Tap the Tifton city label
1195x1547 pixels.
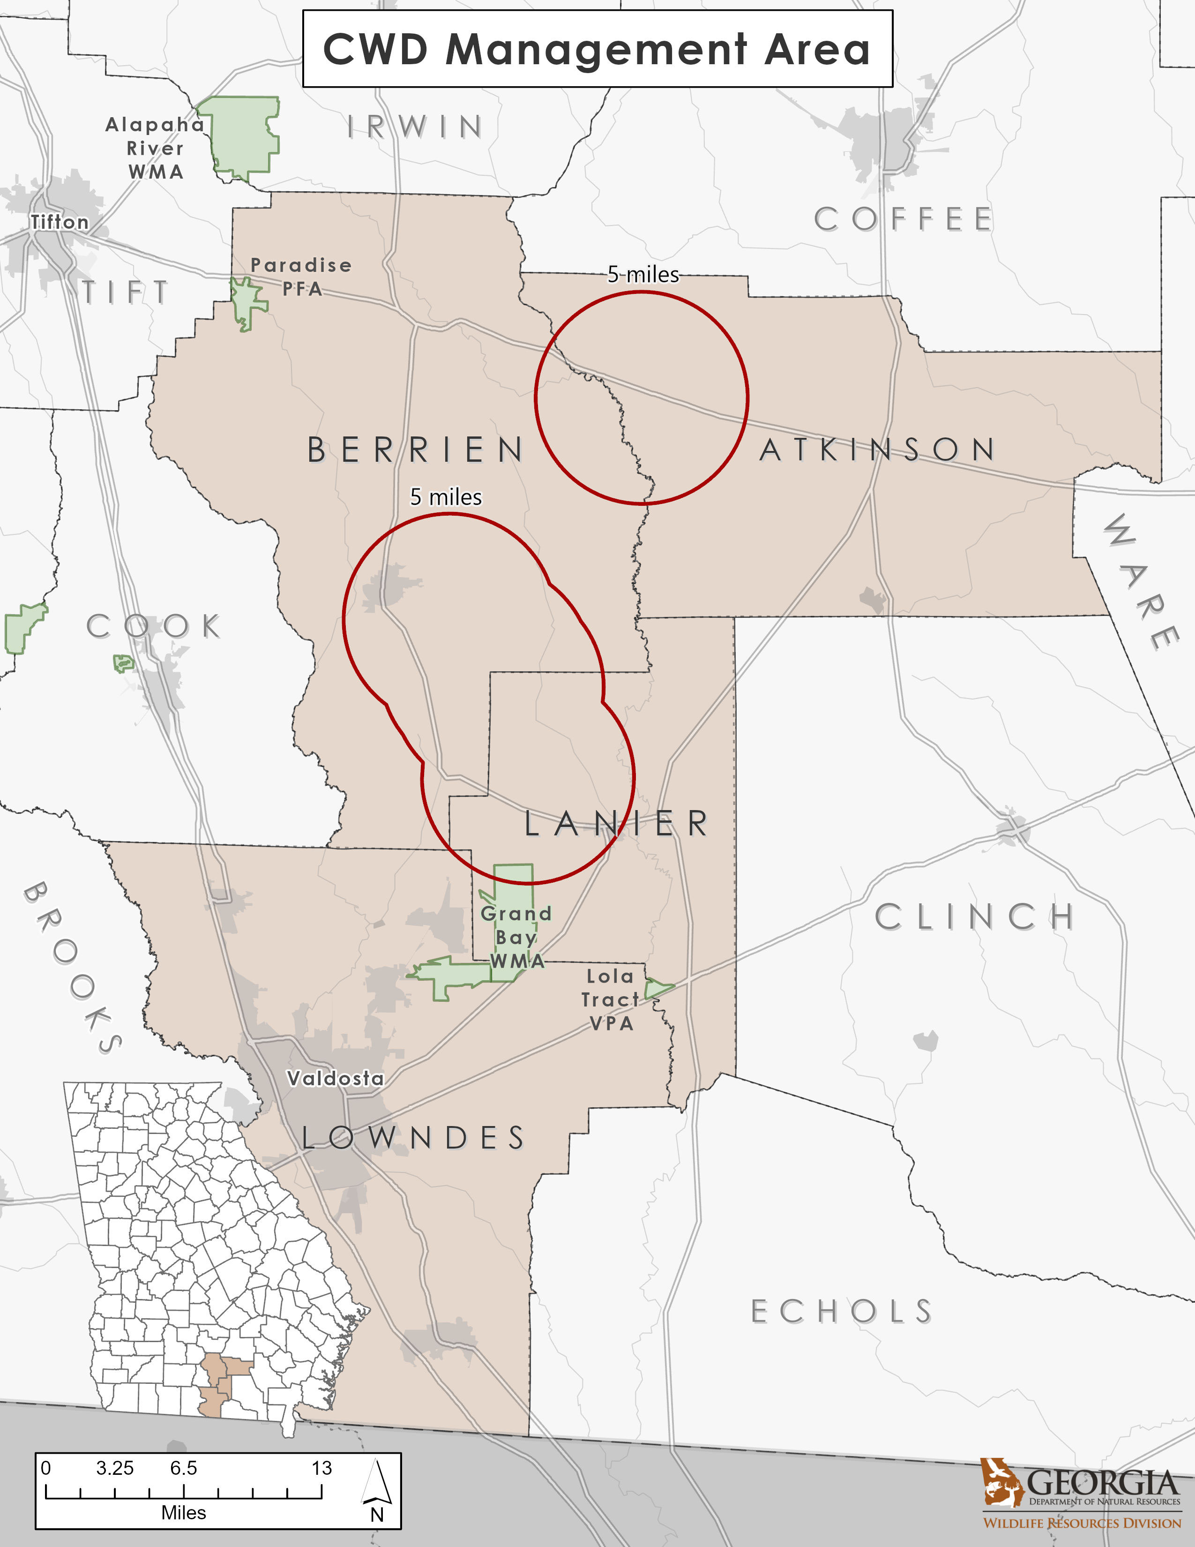(x=60, y=222)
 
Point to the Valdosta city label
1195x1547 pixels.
(x=336, y=1078)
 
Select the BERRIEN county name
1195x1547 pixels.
(x=416, y=450)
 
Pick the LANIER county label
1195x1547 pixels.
(x=616, y=823)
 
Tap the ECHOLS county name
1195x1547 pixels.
(x=842, y=1312)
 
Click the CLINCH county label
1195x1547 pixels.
(x=975, y=917)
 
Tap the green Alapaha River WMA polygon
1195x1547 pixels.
(x=241, y=135)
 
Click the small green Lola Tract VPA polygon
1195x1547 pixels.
(x=657, y=988)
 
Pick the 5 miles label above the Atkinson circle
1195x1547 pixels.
(x=643, y=275)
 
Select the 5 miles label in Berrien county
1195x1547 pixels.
(x=446, y=497)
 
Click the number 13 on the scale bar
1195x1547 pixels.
(x=321, y=1468)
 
